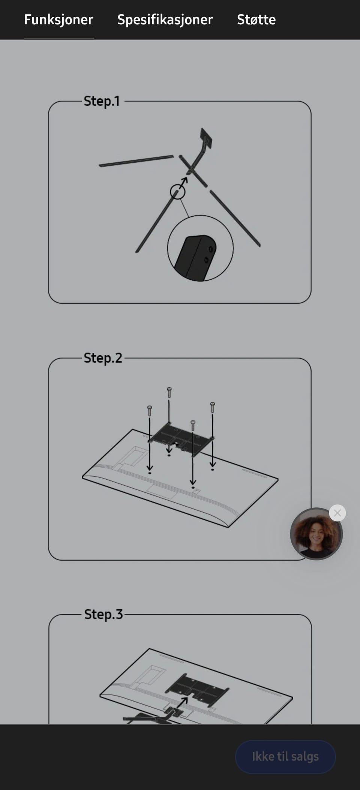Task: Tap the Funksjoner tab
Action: click(58, 19)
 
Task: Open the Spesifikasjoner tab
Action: click(165, 19)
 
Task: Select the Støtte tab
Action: click(256, 19)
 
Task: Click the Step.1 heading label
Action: click(102, 101)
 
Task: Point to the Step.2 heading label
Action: click(103, 358)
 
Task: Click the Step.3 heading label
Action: click(103, 614)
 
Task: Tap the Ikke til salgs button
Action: click(285, 757)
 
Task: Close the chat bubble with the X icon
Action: click(337, 513)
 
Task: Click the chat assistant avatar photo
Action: click(316, 534)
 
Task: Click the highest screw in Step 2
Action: click(169, 392)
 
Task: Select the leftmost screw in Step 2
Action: click(150, 411)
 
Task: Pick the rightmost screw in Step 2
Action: click(213, 407)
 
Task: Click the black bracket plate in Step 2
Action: click(181, 438)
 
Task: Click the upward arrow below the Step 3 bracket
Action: click(182, 703)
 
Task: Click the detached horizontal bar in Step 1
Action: click(136, 161)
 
